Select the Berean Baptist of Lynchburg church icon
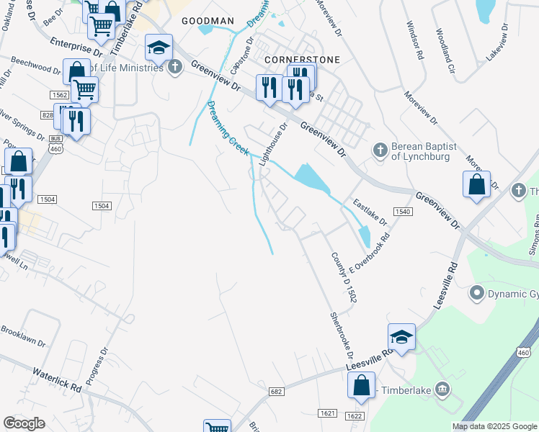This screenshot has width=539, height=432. point(380,150)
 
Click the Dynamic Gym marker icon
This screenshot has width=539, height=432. point(476,292)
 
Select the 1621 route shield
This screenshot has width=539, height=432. point(326,413)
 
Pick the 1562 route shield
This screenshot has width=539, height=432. point(59,95)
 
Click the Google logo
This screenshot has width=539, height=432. point(24,423)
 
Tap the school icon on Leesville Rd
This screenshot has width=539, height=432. point(402,336)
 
